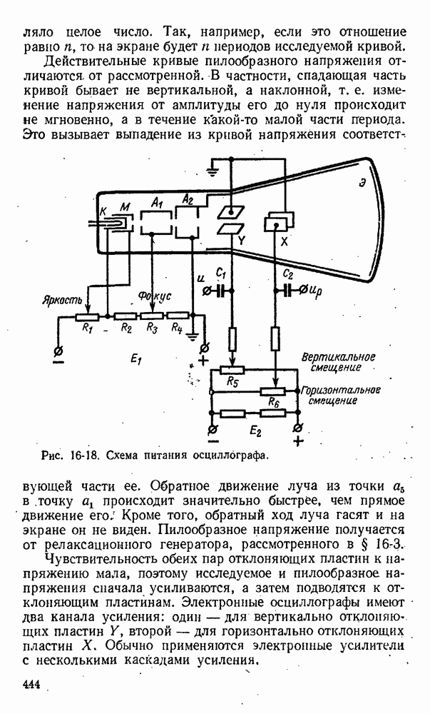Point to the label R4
click(178, 328)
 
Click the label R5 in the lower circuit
click(232, 382)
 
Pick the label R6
click(272, 403)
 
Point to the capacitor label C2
click(288, 273)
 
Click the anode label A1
click(157, 203)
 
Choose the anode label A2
click(188, 199)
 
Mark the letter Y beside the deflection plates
click(243, 241)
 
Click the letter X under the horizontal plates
click(284, 241)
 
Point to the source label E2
click(254, 432)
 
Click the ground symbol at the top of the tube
click(210, 169)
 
